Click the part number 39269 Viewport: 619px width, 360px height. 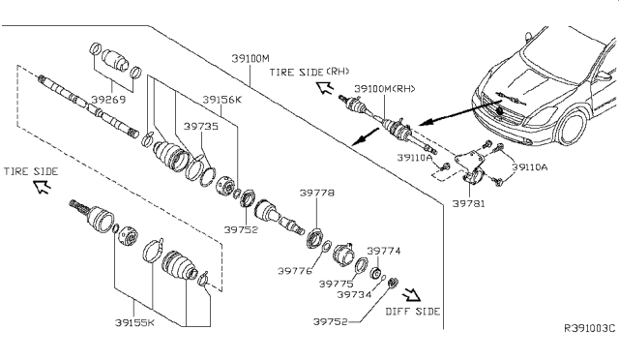tap(108, 99)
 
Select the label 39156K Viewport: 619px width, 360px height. tap(221, 100)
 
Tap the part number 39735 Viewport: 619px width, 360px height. tap(201, 126)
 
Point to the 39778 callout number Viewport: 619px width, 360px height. tap(316, 193)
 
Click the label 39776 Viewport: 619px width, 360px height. tap(294, 271)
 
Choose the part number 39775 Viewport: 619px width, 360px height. tap(336, 284)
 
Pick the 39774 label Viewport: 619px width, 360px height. tap(384, 251)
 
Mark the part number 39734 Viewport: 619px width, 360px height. tap(354, 294)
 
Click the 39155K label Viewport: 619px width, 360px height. tap(134, 323)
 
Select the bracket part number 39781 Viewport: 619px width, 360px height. tap(468, 204)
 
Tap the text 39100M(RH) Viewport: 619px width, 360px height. tap(385, 89)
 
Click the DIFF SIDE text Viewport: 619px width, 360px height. tap(413, 312)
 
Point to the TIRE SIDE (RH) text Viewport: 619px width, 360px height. tap(309, 72)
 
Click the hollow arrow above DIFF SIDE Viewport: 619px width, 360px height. tap(412, 295)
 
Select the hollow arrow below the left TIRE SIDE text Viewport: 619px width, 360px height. tap(43, 186)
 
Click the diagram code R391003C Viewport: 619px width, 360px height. tap(589, 328)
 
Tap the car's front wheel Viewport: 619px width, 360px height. tap(571, 128)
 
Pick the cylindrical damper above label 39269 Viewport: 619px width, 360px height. tap(115, 60)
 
